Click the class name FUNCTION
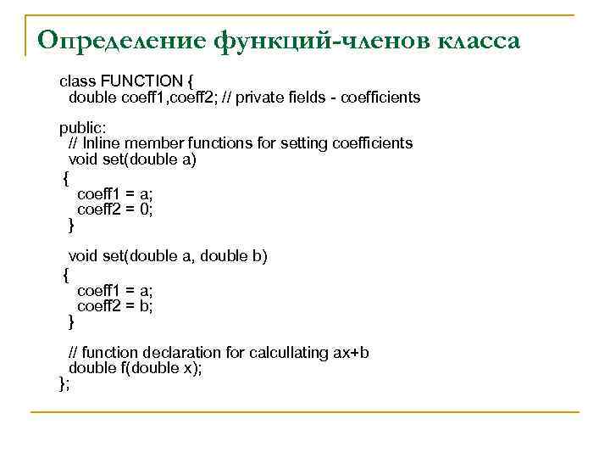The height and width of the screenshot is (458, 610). point(141,81)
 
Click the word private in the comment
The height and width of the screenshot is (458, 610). point(262,98)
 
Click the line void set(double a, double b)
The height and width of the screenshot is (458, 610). point(168,256)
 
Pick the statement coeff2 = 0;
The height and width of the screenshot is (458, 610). point(115,209)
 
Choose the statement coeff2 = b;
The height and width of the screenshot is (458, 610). point(115,306)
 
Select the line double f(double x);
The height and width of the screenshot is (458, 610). point(135,368)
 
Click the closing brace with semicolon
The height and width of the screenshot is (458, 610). point(64,384)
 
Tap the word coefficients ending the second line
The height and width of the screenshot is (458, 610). point(379,98)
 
